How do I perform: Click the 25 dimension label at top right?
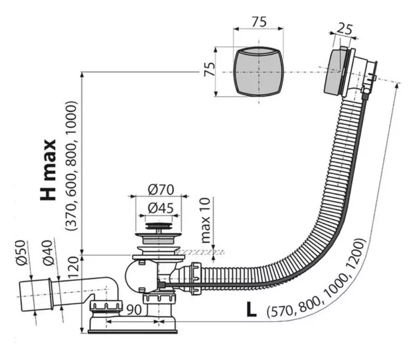tap(344, 29)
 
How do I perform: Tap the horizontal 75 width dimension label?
tap(259, 22)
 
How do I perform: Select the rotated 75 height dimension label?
tap(209, 69)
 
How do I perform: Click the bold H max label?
tap(49, 169)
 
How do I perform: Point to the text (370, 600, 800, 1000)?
tap(71, 166)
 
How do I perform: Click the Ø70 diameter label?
tap(161, 190)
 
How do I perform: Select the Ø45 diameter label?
tap(161, 208)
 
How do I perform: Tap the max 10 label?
tap(205, 220)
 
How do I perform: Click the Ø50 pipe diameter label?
tap(22, 252)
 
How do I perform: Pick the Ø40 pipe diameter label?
tap(49, 252)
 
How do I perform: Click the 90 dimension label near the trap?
tap(134, 310)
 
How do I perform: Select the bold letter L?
tap(251, 310)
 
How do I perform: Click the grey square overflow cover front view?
tap(258, 72)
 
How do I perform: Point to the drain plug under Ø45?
tap(159, 226)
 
